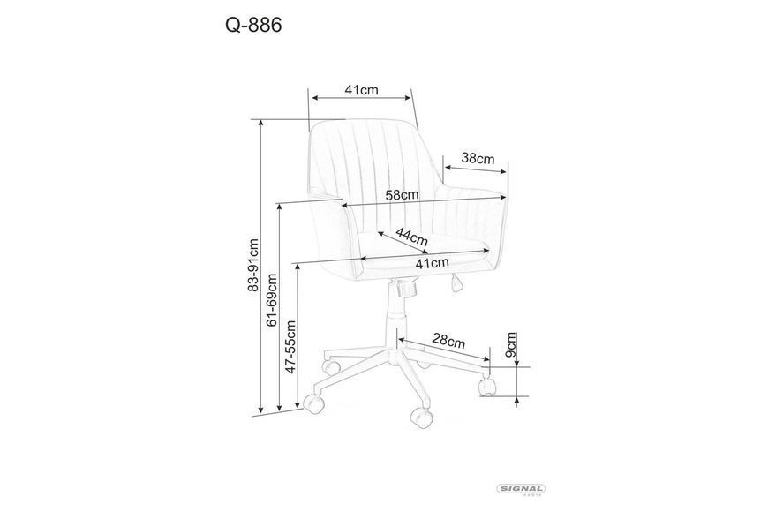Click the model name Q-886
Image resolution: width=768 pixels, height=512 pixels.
pos(253,25)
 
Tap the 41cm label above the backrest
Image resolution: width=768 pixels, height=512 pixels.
pos(361,90)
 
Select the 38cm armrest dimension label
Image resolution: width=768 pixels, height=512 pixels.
pos(478,158)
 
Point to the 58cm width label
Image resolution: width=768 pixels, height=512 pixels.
pos(403,194)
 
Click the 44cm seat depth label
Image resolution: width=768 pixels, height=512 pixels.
pos(412,237)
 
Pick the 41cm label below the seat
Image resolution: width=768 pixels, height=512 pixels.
pos(432,263)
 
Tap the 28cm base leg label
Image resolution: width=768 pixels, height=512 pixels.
pos(448,340)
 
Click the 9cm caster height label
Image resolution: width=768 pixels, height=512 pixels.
pos(510,345)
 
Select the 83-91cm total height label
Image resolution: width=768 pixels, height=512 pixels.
pos(252,265)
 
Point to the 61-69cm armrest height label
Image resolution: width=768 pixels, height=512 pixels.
pos(272,299)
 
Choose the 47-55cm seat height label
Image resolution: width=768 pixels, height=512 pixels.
pos(291,347)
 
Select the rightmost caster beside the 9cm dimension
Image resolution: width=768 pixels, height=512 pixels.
pos(486,386)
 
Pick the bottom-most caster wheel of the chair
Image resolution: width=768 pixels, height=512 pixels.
pos(421,417)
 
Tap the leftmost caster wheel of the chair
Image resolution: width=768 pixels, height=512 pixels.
pos(314,402)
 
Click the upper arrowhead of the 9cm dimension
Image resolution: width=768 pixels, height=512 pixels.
pos(517,362)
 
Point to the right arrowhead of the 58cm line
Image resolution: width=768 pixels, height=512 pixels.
pos(503,198)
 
